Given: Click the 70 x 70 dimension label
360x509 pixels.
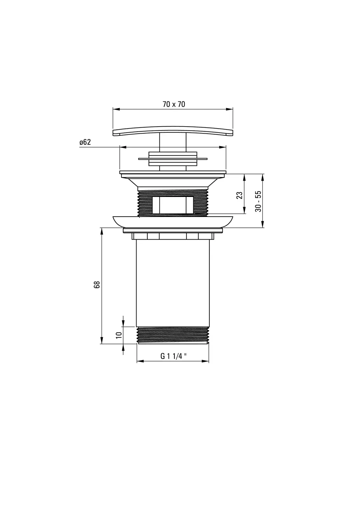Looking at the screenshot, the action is tap(174, 104).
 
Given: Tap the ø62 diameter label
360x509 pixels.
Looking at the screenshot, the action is tap(85, 142).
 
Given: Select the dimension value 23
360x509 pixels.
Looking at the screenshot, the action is tap(239, 195).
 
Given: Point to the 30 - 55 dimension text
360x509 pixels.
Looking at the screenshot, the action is tap(258, 202).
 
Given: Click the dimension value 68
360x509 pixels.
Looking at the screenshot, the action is tap(97, 285).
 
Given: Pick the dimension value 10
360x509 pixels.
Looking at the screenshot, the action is tap(119, 335).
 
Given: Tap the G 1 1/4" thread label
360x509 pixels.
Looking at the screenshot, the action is tap(173, 356).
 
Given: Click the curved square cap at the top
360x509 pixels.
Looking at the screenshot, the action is tap(173, 131).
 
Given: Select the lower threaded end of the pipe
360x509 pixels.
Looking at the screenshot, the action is tap(173, 335).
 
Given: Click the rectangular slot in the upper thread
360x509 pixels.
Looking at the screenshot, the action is tap(173, 205).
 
